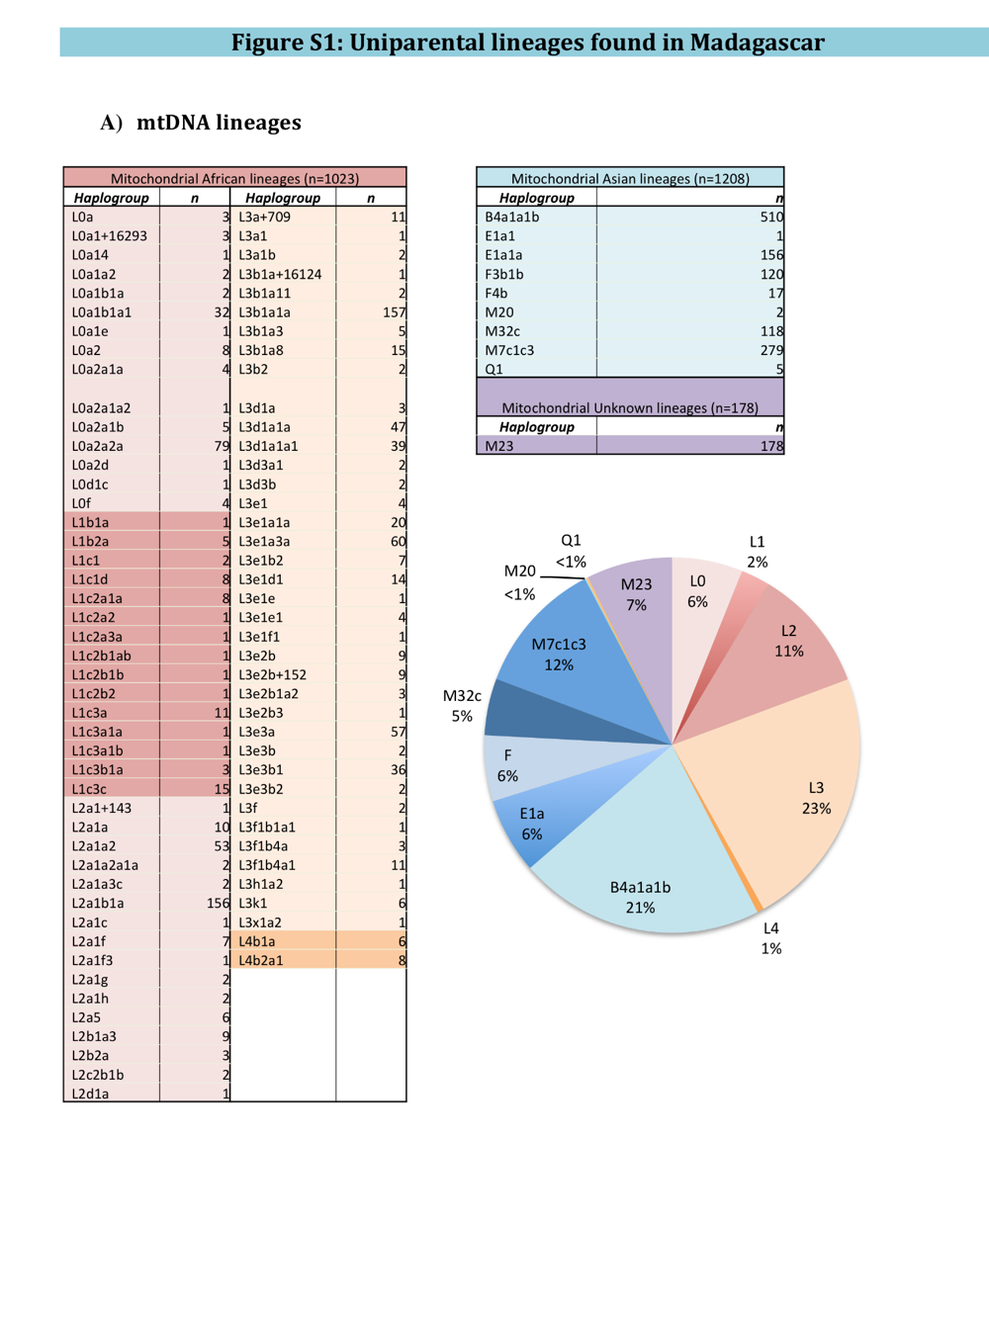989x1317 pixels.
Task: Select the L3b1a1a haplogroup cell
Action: tap(264, 312)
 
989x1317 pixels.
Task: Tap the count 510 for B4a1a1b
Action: tap(770, 217)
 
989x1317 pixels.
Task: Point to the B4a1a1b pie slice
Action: tap(643, 870)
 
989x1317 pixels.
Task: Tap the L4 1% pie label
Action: tap(770, 938)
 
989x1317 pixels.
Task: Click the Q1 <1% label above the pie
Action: tap(571, 551)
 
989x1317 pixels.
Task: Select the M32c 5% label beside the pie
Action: tap(462, 706)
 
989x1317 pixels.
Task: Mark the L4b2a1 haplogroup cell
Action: tap(260, 960)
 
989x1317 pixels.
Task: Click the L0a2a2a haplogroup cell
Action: tap(97, 446)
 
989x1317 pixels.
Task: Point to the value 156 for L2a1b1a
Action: tap(218, 903)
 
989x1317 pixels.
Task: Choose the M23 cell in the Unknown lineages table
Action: tap(499, 446)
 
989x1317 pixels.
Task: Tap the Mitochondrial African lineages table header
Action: tap(234, 178)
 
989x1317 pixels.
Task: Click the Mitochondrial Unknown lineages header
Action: tap(630, 407)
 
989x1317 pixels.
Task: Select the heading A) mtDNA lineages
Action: tap(201, 123)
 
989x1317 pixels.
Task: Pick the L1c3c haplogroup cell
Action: tap(89, 789)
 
